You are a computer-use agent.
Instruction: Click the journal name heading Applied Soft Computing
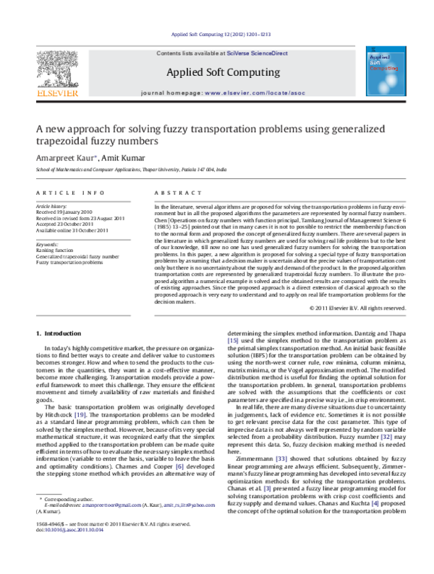pyautogui.click(x=222, y=72)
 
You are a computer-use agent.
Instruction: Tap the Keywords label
pyautogui.click(x=48, y=245)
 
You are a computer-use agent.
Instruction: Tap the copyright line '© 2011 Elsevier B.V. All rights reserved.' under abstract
pyautogui.click(x=357, y=308)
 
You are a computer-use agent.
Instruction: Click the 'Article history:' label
pyautogui.click(x=54, y=206)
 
